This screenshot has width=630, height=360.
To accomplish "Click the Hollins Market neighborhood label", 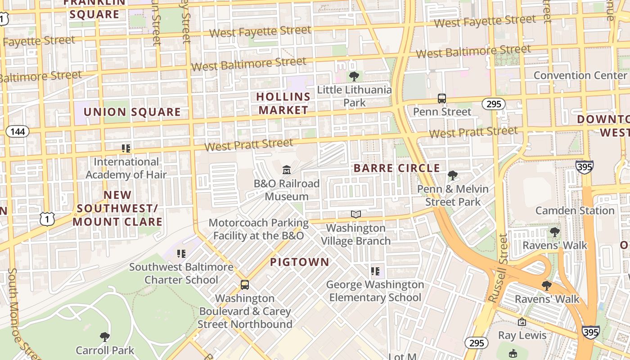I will click(283, 103).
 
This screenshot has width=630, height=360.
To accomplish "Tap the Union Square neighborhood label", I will click(132, 112).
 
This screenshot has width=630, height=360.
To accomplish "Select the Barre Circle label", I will click(396, 168).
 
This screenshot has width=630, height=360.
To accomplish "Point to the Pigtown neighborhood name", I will click(299, 262).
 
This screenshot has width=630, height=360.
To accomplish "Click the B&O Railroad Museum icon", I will click(286, 170).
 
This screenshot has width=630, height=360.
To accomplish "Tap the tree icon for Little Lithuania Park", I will click(354, 76).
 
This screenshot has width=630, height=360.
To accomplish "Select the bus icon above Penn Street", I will click(442, 99).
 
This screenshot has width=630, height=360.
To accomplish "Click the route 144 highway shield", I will click(18, 131).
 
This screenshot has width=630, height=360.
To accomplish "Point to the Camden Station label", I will click(575, 210).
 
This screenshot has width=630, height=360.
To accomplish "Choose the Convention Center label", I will click(580, 75).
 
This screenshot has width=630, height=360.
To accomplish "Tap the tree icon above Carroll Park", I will click(104, 337).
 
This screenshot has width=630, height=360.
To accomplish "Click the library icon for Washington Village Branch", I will click(356, 214).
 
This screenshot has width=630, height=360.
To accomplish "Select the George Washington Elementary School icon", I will click(375, 271).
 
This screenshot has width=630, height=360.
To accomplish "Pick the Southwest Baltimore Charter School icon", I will click(181, 254).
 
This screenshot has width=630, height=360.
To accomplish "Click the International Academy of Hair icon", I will click(126, 148).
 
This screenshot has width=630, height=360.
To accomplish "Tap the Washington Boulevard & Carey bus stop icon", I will click(245, 285).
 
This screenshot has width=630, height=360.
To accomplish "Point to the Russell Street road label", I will click(498, 268).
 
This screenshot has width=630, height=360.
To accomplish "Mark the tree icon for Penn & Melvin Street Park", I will click(452, 175).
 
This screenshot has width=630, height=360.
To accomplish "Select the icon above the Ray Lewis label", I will click(522, 322).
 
